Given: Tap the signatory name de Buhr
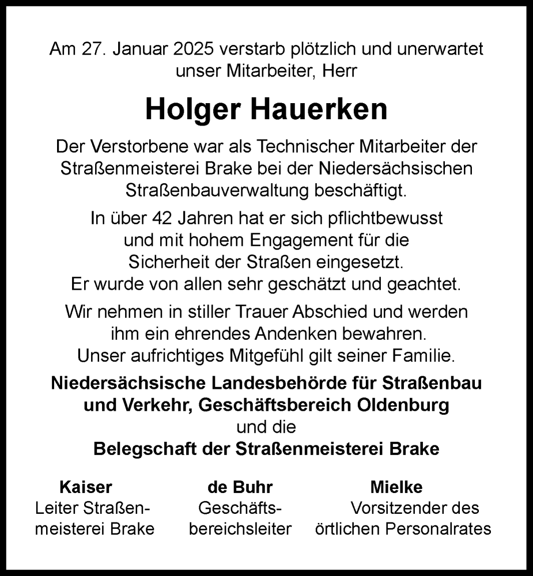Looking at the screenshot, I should click(x=240, y=487).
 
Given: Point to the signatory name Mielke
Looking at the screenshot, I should click(x=396, y=487).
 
